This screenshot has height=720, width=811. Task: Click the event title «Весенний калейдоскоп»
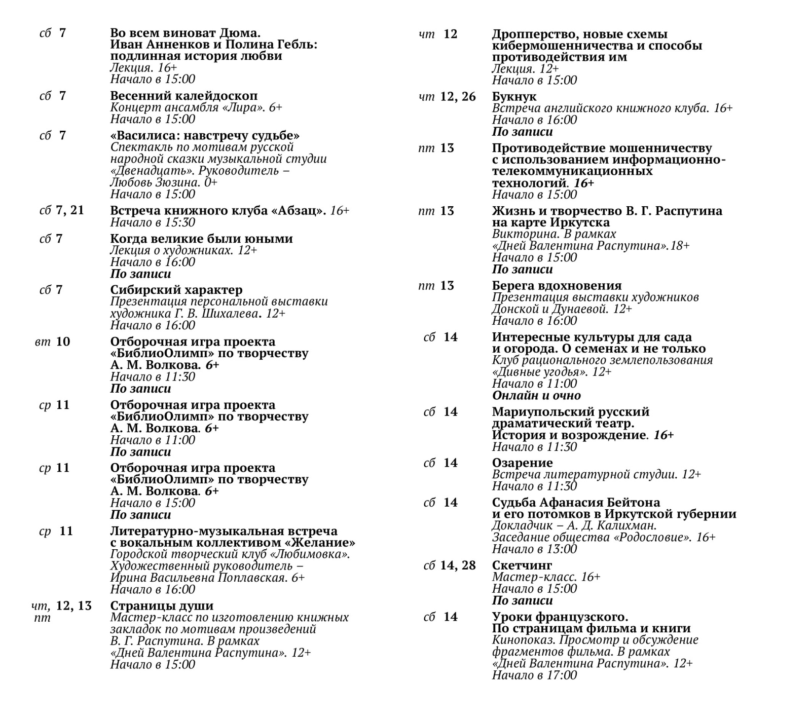[x=183, y=96]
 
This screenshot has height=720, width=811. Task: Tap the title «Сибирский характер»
[x=176, y=290]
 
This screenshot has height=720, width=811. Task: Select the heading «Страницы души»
[x=162, y=606]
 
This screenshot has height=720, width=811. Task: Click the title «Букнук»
[x=514, y=96]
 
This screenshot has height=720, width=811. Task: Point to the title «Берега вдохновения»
[x=557, y=286]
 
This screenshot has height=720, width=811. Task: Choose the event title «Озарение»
[x=522, y=463]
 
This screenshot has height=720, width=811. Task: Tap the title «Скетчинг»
[x=522, y=565]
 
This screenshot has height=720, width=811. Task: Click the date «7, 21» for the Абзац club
[x=70, y=210]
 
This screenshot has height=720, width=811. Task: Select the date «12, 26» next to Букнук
[x=458, y=96]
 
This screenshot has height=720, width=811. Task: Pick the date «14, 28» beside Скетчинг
[x=458, y=565]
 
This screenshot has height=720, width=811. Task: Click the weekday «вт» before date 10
[x=43, y=342]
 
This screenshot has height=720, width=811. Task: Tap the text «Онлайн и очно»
[x=536, y=396]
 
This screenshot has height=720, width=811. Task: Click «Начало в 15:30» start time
[x=153, y=222]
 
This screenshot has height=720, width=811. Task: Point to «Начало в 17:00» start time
[x=534, y=675]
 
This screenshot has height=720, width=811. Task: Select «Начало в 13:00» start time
[x=534, y=549]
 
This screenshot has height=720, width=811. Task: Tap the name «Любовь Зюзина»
[x=153, y=182]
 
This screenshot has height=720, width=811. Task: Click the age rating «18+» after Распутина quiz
[x=680, y=246]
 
